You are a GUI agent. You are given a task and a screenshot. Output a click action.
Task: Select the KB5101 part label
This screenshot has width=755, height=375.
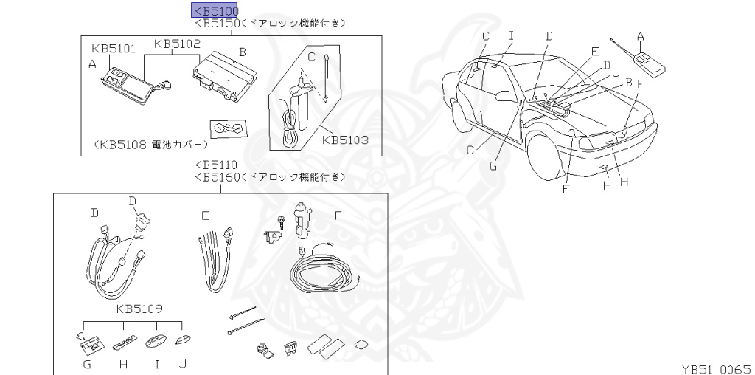click(114, 49)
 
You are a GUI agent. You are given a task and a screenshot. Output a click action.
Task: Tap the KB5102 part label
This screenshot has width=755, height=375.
click(177, 44)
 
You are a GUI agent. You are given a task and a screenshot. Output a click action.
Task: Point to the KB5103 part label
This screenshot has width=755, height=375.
click(345, 138)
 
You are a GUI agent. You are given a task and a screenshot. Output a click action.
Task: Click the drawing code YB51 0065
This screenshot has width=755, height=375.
click(714, 367)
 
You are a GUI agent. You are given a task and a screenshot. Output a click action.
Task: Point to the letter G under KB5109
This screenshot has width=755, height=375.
click(86, 364)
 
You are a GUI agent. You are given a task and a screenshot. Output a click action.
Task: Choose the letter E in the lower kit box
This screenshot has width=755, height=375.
click(205, 215)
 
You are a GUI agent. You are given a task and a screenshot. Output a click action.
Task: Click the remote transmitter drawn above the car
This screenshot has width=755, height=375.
click(649, 62)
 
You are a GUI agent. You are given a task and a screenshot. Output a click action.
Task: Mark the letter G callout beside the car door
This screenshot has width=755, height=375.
click(493, 166)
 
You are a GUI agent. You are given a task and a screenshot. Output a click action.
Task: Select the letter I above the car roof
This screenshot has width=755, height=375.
click(511, 35)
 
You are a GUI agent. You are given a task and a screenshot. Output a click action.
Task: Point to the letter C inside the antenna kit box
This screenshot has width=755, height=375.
click(311, 56)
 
